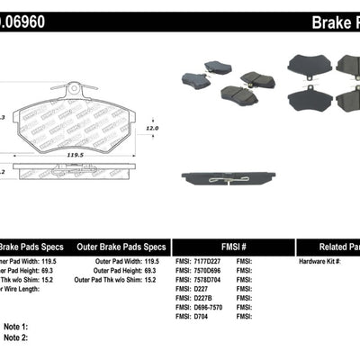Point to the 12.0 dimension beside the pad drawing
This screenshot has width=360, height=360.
tap(152, 128)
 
